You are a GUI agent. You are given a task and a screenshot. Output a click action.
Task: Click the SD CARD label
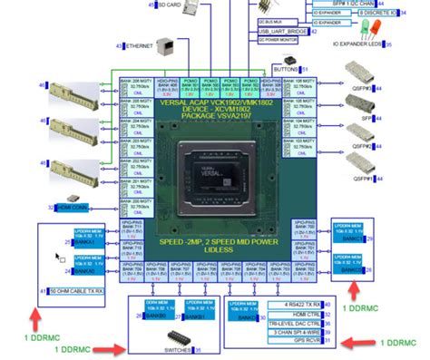point(169,5)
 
